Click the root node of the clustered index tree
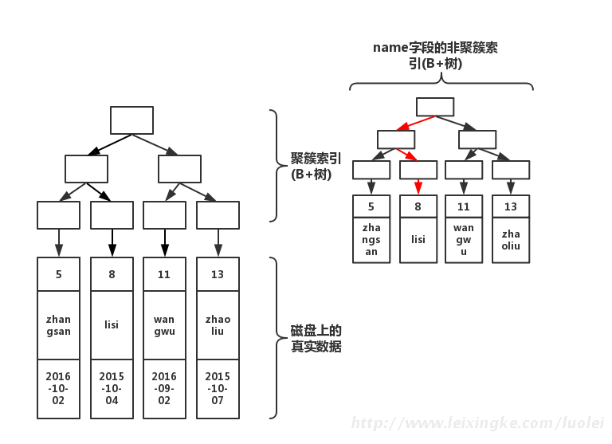pyautogui.click(x=131, y=120)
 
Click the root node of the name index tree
pyautogui.click(x=435, y=107)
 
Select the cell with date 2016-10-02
pyautogui.click(x=58, y=388)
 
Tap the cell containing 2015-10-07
pyautogui.click(x=218, y=388)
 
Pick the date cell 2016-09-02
pyautogui.click(x=164, y=388)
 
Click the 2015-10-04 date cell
pyautogui.click(x=112, y=388)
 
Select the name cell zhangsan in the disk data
pyautogui.click(x=58, y=325)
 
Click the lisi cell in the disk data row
pyautogui.click(x=112, y=325)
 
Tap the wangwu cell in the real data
pyautogui.click(x=164, y=325)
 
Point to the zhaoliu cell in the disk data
pyautogui.click(x=218, y=325)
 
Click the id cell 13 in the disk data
pyautogui.click(x=218, y=274)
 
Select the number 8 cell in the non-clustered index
pyautogui.click(x=418, y=206)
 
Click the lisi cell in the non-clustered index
pyautogui.click(x=418, y=240)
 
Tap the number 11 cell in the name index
pyautogui.click(x=464, y=206)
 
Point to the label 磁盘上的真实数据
pyautogui.click(x=316, y=339)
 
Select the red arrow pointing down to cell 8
pyautogui.click(x=418, y=187)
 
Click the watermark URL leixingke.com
pyautogui.click(x=477, y=423)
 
